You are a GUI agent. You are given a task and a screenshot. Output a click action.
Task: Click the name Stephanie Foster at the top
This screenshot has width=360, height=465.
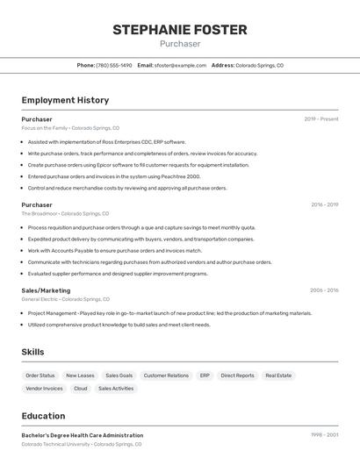coord(180,30)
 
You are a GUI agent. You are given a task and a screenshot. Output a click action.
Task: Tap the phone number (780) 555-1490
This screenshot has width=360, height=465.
coord(114,65)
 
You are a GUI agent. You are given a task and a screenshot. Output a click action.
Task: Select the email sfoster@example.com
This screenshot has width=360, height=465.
coord(180,65)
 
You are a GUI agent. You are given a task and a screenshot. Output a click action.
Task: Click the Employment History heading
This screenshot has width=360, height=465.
coord(65,101)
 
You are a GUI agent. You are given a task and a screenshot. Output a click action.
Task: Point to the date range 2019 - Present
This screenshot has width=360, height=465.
coord(320,119)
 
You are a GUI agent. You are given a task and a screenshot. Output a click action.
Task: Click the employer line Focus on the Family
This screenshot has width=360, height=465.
coord(70,128)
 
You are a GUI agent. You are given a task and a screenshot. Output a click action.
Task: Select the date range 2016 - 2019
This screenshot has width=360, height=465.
coord(324,205)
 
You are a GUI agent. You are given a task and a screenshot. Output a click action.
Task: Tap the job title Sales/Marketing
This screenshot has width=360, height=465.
coord(46,290)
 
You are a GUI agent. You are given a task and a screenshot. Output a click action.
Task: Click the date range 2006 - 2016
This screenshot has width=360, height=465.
coord(324,290)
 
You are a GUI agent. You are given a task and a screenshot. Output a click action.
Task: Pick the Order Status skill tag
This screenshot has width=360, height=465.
coord(40,376)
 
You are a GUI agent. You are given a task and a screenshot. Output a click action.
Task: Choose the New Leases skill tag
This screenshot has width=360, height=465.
coord(80,376)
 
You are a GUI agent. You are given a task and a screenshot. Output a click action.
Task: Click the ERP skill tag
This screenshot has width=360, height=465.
coord(205,376)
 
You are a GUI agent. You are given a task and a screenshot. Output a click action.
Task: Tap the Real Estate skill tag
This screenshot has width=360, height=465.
coord(278,376)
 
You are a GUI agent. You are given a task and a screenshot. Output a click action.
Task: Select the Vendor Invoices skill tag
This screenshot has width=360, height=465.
coord(44,389)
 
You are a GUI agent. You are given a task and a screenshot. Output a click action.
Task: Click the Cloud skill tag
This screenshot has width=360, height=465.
coord(81,389)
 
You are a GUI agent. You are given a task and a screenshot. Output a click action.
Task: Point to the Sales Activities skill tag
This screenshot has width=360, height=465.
coord(116,389)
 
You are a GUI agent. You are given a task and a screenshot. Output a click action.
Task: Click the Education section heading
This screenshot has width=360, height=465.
coord(43,416)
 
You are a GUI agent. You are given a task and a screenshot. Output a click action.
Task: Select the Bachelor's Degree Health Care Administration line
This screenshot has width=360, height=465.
coord(83,435)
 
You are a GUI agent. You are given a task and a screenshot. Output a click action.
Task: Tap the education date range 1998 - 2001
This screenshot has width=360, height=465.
coord(324,435)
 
